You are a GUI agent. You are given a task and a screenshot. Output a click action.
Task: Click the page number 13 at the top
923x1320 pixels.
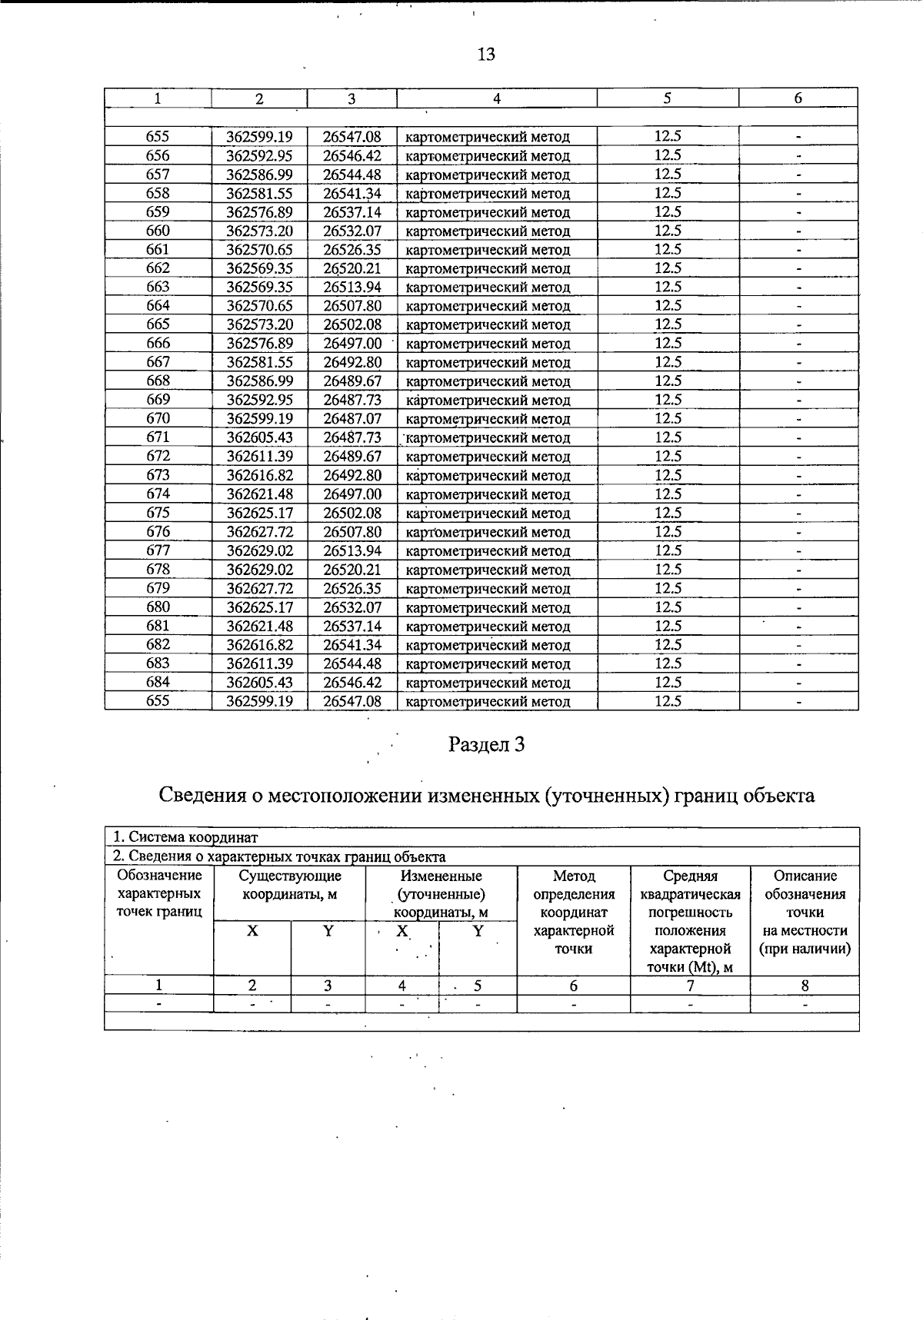click(x=486, y=54)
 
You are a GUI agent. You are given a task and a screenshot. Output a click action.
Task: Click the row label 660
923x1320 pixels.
click(x=158, y=231)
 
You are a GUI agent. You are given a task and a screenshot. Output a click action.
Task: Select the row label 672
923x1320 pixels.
click(x=158, y=457)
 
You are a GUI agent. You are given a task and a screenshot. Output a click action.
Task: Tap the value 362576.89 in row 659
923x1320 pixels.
click(x=259, y=212)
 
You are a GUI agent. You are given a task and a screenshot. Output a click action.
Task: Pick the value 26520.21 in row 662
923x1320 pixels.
click(x=352, y=268)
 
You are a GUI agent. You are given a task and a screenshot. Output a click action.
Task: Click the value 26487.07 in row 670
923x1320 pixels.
click(x=352, y=419)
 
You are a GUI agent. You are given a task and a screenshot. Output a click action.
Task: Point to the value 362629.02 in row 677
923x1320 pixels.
click(x=259, y=551)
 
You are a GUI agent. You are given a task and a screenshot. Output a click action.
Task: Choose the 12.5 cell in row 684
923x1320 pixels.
click(x=668, y=683)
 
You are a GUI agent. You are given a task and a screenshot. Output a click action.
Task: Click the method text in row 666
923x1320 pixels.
click(x=488, y=344)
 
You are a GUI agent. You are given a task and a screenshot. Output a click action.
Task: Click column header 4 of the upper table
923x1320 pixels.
click(x=497, y=98)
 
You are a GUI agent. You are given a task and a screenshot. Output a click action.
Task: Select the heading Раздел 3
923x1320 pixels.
click(x=486, y=744)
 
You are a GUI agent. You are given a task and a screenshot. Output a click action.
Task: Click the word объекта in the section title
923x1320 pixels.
click(x=778, y=795)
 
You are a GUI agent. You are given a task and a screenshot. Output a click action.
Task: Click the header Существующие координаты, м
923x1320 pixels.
click(x=290, y=885)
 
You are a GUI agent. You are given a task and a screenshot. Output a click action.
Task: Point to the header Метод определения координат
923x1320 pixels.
click(x=574, y=894)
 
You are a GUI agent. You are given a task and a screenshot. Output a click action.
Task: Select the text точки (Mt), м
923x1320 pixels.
click(x=690, y=967)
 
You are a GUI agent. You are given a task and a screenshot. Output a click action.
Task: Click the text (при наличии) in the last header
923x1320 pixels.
click(x=805, y=949)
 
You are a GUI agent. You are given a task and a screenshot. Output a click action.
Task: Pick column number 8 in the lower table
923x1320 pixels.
click(x=805, y=986)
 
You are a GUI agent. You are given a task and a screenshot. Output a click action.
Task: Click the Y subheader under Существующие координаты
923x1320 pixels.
click(x=328, y=931)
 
